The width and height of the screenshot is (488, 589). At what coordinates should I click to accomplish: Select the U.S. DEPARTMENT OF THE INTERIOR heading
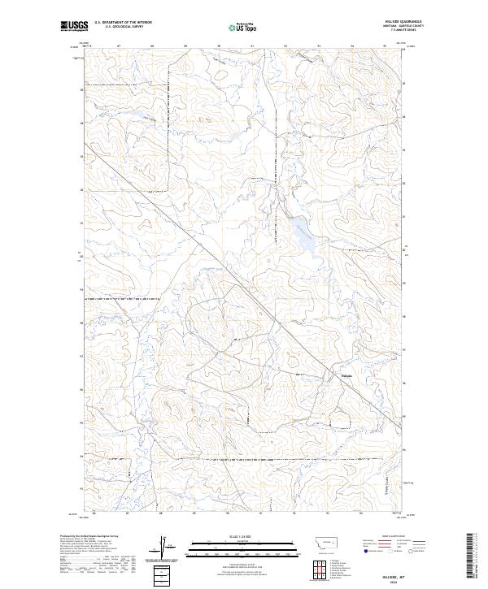(123, 22)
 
